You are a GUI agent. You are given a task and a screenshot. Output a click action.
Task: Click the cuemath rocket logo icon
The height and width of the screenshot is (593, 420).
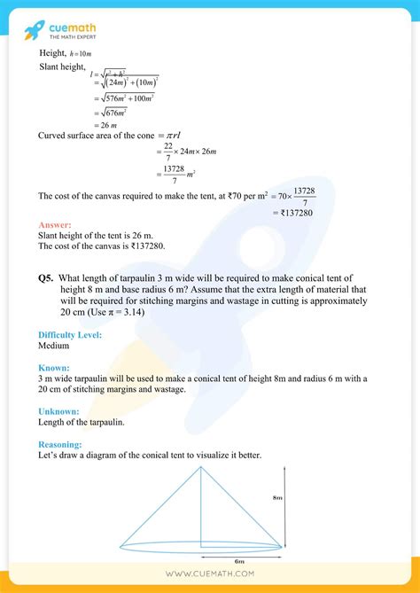[35, 30]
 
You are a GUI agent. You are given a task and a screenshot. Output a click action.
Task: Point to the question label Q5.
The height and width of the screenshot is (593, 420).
[47, 278]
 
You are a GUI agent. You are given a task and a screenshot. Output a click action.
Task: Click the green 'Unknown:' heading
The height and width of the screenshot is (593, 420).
[58, 411]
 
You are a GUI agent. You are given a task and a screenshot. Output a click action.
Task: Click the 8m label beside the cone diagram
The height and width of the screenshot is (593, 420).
[302, 498]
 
